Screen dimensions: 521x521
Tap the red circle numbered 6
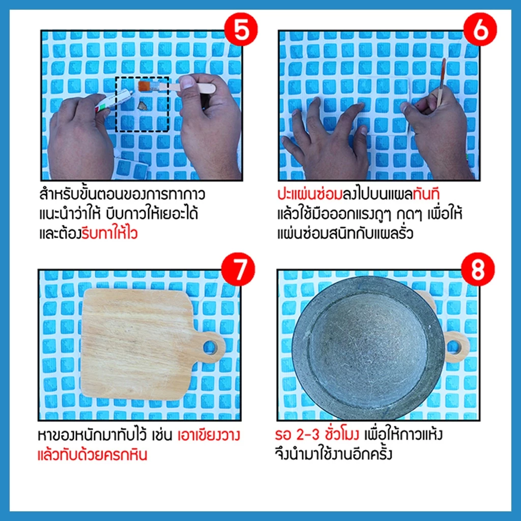pos(480,29)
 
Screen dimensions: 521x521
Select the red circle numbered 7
pos(238,269)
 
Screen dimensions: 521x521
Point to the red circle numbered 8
pos(478,269)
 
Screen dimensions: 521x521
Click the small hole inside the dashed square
pos(143,105)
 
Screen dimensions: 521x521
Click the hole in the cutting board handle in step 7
pos(211,347)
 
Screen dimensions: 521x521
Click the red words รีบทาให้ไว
pos(110,233)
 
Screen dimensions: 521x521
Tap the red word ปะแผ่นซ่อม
pos(310,194)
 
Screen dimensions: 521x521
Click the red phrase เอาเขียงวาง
pos(209,436)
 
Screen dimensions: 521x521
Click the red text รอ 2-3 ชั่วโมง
pos(316,435)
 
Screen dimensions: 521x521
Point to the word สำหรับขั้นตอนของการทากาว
pos(122,194)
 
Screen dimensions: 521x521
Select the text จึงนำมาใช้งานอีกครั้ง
pos(334,454)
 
